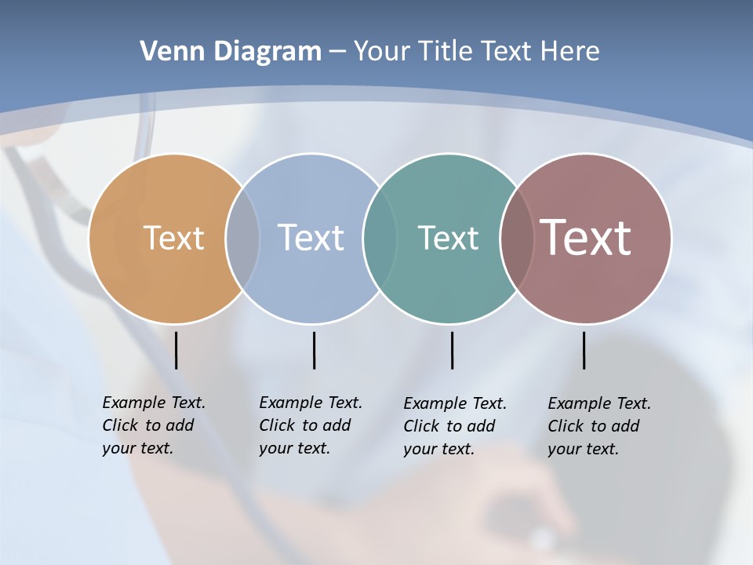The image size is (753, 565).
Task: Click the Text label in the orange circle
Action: tap(173, 238)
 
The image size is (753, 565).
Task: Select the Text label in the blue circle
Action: tap(311, 238)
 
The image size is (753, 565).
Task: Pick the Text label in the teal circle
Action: tap(448, 238)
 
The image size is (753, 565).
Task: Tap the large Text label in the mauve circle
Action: tap(586, 238)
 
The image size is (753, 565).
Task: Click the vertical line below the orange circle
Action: tap(176, 350)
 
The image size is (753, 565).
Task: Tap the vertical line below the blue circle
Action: tap(314, 350)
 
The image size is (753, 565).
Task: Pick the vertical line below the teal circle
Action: tap(452, 350)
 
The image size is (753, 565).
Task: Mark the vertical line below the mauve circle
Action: tap(584, 350)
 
